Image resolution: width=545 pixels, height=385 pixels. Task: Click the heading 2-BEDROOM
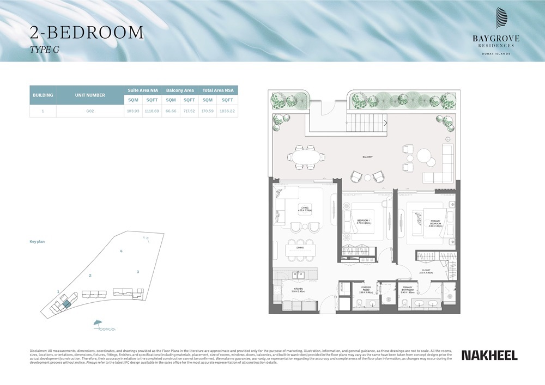coord(87,33)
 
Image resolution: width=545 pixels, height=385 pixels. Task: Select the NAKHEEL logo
coord(489,355)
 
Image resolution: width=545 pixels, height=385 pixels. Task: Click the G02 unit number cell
coord(90,111)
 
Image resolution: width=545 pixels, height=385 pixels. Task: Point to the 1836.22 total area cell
coord(227,111)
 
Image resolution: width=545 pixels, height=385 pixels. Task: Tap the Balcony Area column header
coord(180,90)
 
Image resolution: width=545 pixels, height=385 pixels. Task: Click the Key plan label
coord(37,241)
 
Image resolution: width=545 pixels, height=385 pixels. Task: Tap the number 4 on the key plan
coord(121,251)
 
